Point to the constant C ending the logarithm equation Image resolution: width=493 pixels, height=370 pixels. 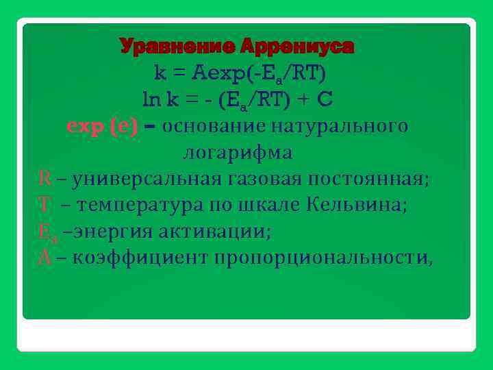[325, 99]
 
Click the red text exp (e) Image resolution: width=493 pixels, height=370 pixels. [101, 126]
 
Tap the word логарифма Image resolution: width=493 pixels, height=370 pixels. [238, 153]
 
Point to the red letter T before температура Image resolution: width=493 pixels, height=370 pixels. [45, 206]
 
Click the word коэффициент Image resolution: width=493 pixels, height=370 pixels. [140, 259]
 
